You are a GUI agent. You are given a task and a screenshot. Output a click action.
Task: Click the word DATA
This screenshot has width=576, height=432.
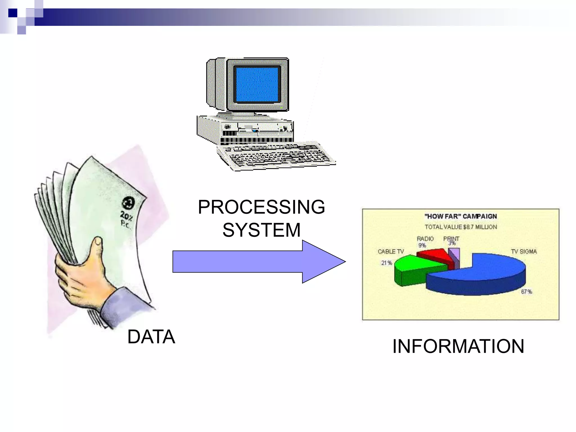click(x=151, y=337)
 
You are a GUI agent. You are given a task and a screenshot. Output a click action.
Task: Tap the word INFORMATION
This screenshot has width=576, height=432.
click(x=458, y=346)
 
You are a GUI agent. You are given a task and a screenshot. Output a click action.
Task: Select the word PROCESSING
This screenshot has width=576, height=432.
click(x=261, y=207)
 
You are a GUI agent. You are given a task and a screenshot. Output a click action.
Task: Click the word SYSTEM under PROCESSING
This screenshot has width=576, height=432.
click(x=261, y=230)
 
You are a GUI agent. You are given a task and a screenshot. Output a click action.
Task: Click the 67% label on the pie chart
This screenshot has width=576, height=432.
click(x=526, y=292)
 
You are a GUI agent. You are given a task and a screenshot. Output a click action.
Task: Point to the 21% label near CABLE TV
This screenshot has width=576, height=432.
click(x=386, y=263)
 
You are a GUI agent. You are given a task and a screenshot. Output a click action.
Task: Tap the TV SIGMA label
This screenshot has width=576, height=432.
click(x=524, y=251)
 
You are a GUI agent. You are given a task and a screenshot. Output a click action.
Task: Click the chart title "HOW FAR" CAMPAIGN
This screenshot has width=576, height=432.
click(x=460, y=216)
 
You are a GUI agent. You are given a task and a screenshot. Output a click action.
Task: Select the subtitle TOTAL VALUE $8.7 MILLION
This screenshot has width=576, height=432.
click(x=460, y=227)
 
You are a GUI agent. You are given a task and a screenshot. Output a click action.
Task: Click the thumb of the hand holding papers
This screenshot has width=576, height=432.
click(x=97, y=247)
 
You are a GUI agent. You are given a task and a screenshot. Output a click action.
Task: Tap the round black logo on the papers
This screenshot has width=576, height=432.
click(x=128, y=203)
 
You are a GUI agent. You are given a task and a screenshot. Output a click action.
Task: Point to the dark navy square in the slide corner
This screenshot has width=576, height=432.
click(x=13, y=13)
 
